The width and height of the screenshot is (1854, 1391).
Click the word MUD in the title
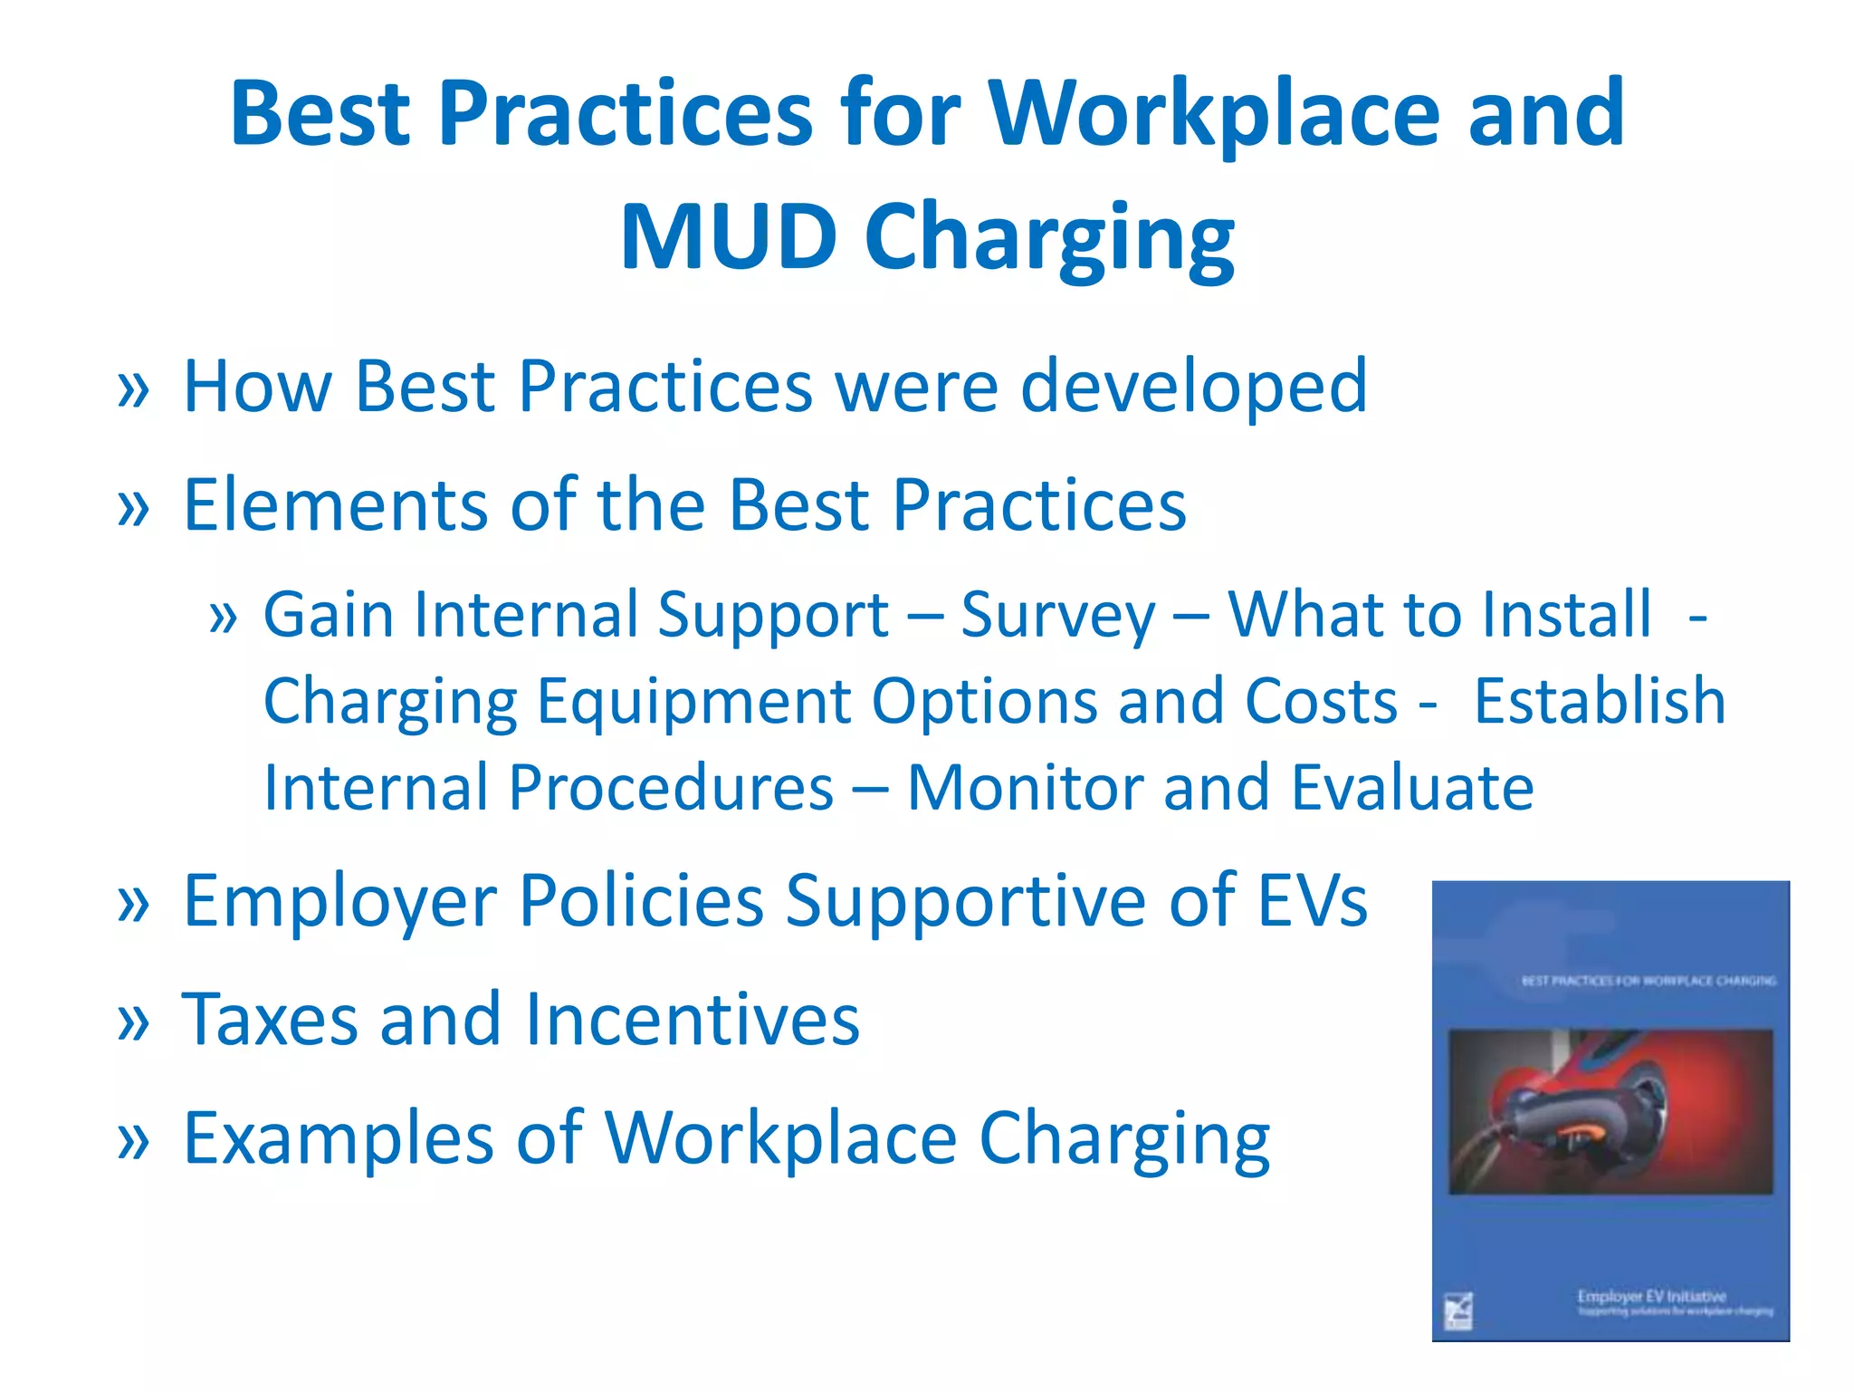click(728, 236)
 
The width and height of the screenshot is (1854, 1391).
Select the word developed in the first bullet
click(1194, 387)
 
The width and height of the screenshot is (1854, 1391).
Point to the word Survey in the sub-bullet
click(1057, 616)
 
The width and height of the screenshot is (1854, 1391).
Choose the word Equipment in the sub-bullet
click(693, 703)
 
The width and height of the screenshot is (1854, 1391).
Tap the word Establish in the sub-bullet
click(1600, 701)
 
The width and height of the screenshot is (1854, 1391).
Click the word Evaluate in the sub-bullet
click(1412, 787)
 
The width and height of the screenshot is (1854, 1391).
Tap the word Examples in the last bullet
click(339, 1139)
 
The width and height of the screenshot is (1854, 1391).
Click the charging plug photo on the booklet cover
click(1610, 1111)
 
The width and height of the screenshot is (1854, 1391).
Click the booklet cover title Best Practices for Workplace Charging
click(1648, 981)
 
